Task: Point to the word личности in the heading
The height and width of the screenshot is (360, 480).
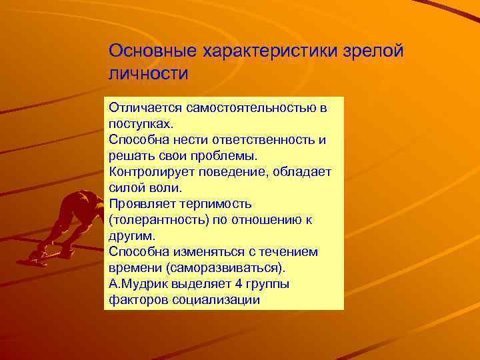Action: (x=149, y=73)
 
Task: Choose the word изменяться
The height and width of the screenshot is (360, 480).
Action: (x=201, y=252)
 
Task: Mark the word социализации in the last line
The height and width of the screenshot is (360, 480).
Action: (x=221, y=300)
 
